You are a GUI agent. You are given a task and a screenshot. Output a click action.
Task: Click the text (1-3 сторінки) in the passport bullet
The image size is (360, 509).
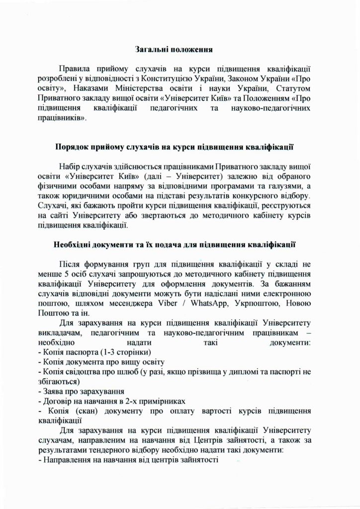113,352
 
